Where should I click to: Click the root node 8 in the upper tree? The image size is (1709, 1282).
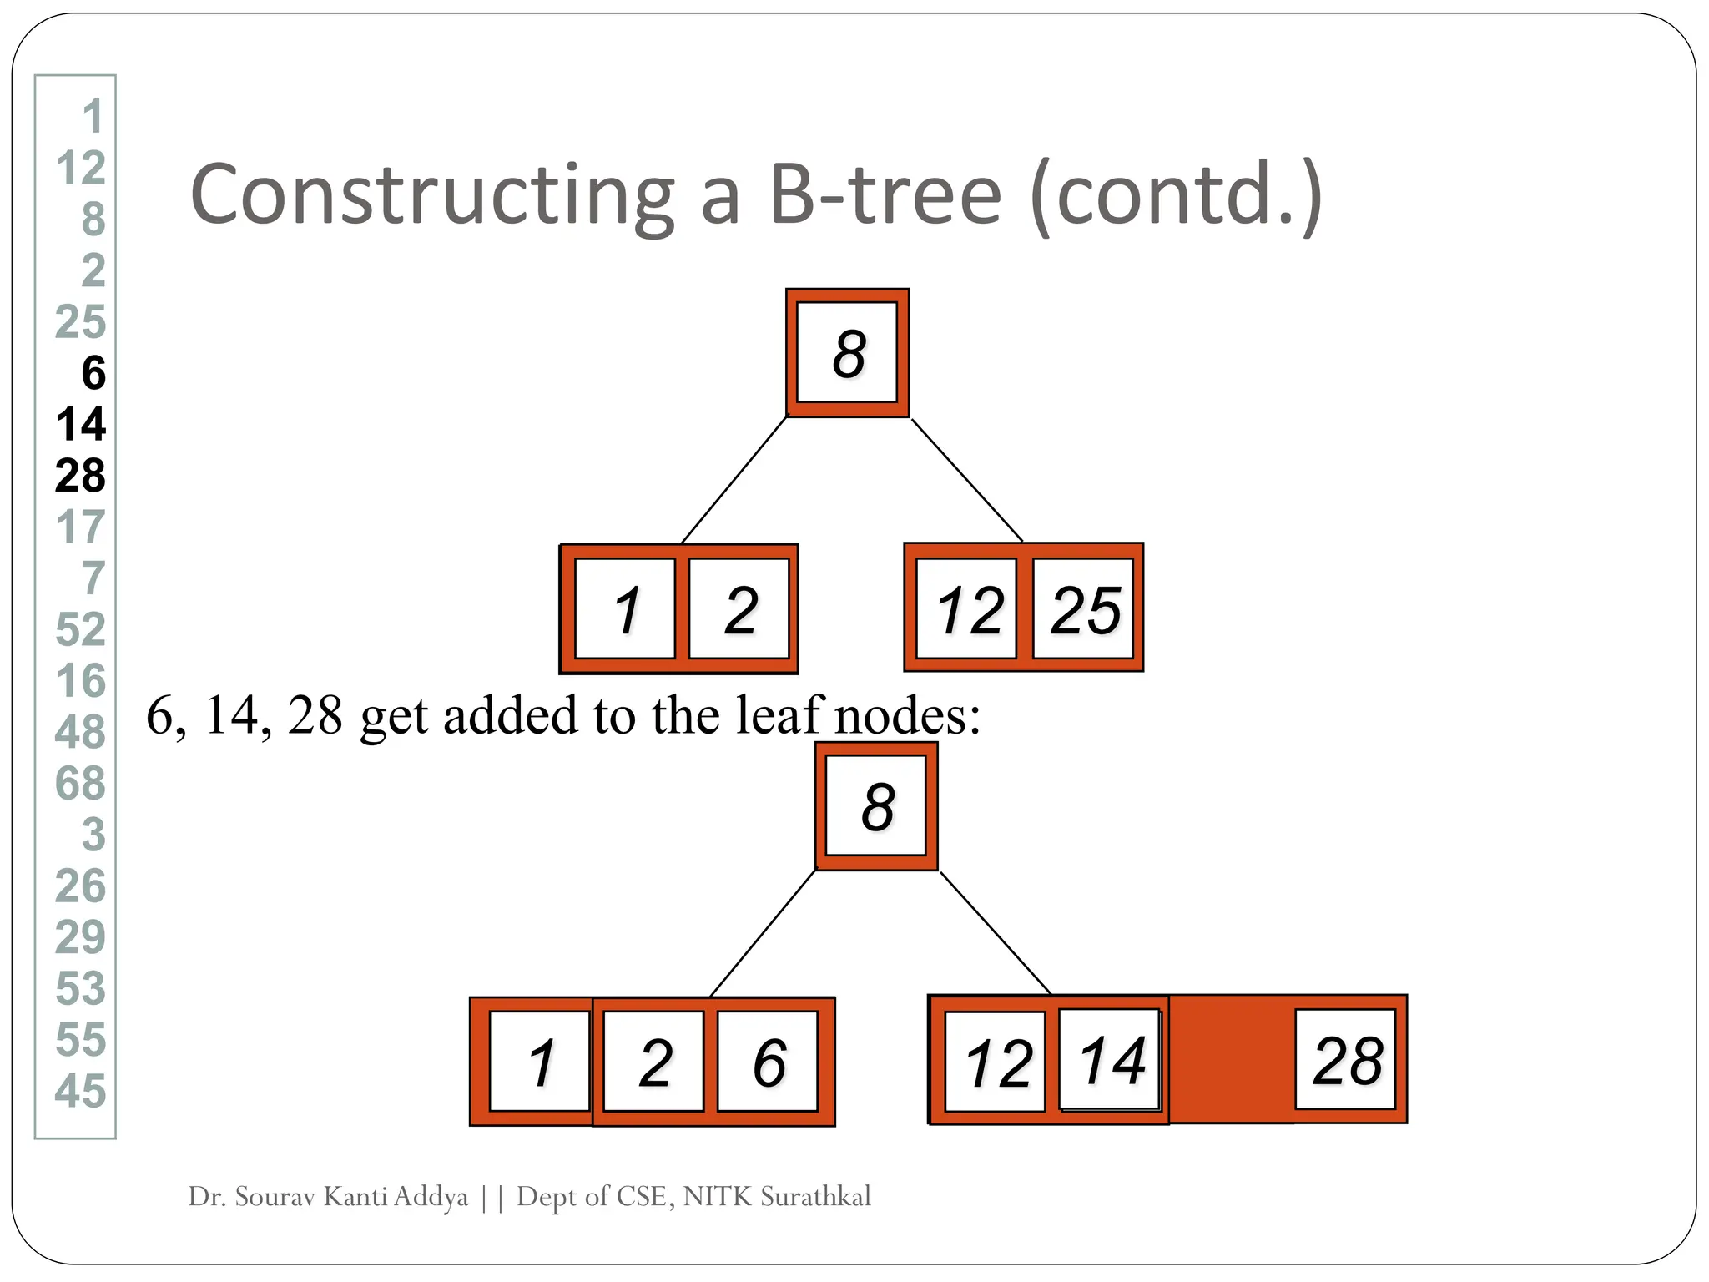click(x=847, y=352)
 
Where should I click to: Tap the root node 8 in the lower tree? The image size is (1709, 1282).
click(x=876, y=806)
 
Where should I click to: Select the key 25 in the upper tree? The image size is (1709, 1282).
click(x=1084, y=609)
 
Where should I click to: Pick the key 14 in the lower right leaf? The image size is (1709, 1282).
click(x=1111, y=1060)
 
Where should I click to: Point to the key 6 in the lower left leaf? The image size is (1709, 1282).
click(x=769, y=1062)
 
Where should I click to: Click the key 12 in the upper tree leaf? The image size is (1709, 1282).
click(x=967, y=609)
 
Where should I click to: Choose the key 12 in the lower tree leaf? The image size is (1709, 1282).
click(x=996, y=1062)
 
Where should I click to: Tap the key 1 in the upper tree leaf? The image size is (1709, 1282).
click(x=626, y=609)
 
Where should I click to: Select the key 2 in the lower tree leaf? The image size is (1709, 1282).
click(x=654, y=1062)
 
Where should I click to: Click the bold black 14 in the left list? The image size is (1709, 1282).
click(x=81, y=424)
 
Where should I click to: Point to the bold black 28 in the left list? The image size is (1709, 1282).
click(x=81, y=476)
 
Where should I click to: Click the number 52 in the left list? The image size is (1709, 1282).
click(x=81, y=629)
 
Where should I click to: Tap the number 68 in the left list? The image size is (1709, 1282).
click(x=81, y=784)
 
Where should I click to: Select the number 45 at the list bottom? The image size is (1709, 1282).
click(x=81, y=1091)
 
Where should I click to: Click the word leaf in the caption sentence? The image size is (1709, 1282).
click(x=779, y=715)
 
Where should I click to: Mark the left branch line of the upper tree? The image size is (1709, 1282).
click(x=734, y=481)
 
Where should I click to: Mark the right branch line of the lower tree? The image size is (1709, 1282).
click(x=996, y=932)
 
